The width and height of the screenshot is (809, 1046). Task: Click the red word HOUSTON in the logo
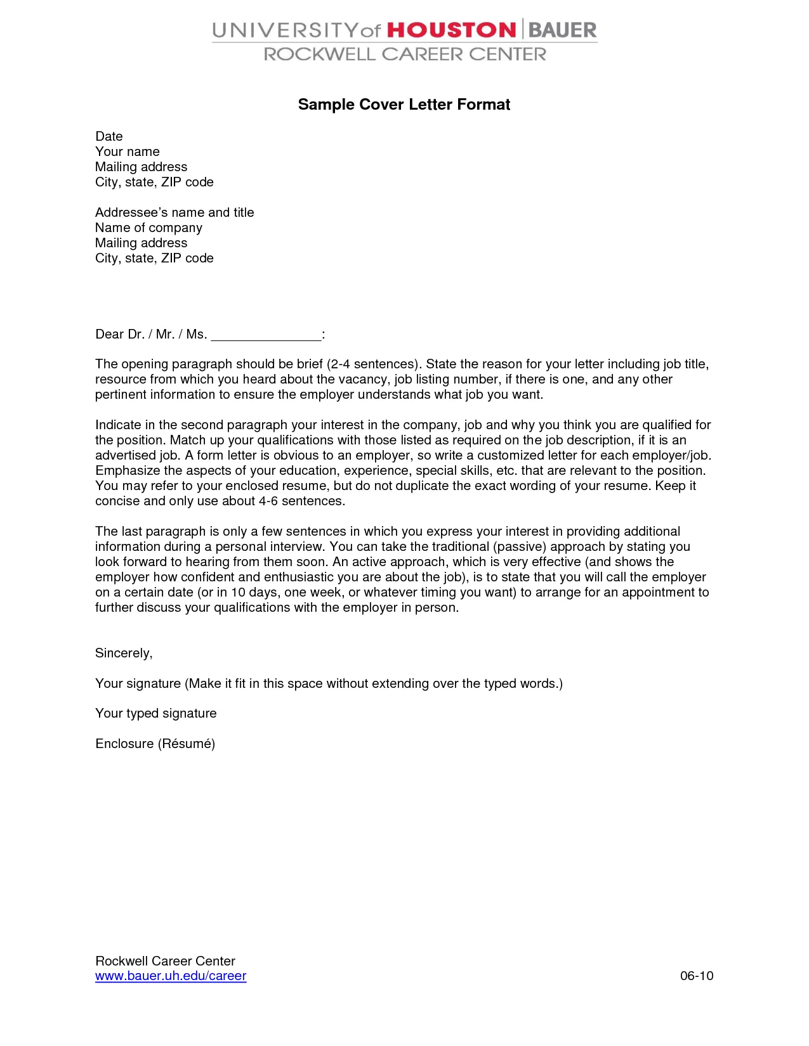pyautogui.click(x=451, y=30)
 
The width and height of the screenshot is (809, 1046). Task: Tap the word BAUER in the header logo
pyautogui.click(x=562, y=30)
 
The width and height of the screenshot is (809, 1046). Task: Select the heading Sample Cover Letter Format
pyautogui.click(x=404, y=105)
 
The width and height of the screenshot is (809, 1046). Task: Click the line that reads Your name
pyautogui.click(x=128, y=152)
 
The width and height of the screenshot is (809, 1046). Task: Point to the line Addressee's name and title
pyautogui.click(x=174, y=212)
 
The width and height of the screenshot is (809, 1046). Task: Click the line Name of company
pyautogui.click(x=148, y=228)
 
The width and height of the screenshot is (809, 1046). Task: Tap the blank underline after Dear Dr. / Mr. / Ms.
pyautogui.click(x=266, y=335)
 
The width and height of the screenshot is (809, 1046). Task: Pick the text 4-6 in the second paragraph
pyautogui.click(x=268, y=501)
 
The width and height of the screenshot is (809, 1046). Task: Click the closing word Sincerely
pyautogui.click(x=124, y=653)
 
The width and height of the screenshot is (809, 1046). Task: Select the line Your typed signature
pyautogui.click(x=156, y=713)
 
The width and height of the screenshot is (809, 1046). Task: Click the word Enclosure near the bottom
pyautogui.click(x=124, y=744)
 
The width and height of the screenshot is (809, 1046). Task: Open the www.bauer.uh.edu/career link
pyautogui.click(x=171, y=976)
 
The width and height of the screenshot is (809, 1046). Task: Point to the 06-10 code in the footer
pyautogui.click(x=697, y=976)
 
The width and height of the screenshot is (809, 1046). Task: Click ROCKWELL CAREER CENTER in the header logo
pyautogui.click(x=405, y=55)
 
